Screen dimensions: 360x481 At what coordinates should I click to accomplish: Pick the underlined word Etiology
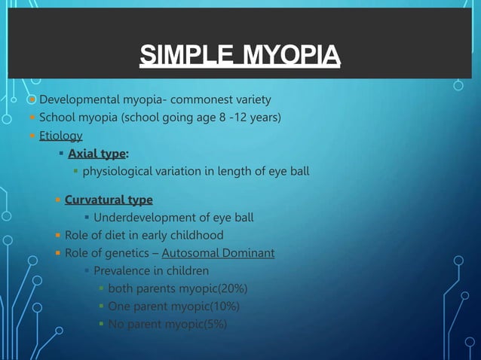click(x=60, y=136)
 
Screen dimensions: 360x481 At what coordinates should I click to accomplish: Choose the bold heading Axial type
click(x=97, y=154)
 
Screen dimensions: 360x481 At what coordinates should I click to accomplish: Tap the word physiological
click(x=124, y=172)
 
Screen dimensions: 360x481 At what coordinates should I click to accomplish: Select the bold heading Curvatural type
click(x=109, y=200)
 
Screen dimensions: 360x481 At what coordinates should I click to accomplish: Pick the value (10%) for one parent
click(x=223, y=307)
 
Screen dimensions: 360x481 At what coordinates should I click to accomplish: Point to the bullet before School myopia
click(x=32, y=117)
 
